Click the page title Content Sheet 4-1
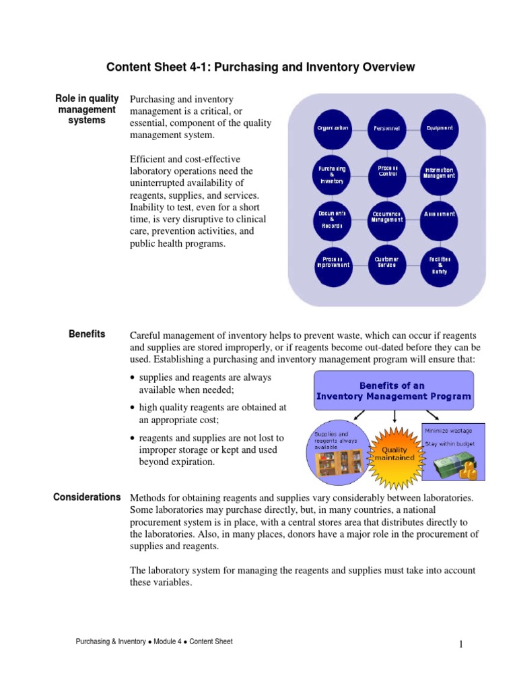pos(261,67)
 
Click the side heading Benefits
pos(87,334)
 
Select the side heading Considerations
pos(87,497)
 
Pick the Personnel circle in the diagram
pos(387,128)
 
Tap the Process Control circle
pos(387,172)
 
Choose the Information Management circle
pos(440,173)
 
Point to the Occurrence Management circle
pos(387,217)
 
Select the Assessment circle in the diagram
pos(440,214)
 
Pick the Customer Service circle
pos(387,262)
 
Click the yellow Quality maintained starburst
pos(394,453)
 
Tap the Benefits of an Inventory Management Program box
pos(394,391)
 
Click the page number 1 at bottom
pos(461,645)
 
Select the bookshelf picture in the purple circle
pos(338,461)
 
